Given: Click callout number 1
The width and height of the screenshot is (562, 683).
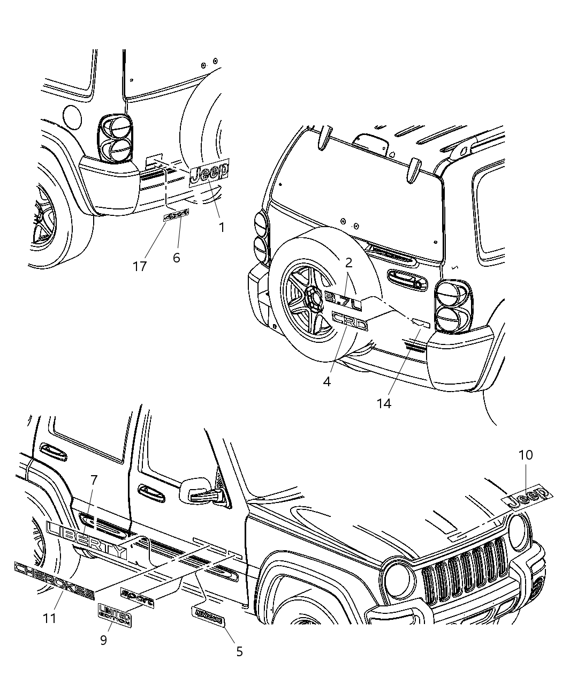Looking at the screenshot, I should click(x=221, y=227).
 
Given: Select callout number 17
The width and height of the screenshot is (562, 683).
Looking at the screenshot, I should click(x=140, y=266).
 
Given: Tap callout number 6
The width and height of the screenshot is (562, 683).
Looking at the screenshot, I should click(x=176, y=258).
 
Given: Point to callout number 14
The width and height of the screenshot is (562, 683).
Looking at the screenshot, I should click(x=384, y=403).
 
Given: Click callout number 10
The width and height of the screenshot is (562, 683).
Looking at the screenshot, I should click(x=526, y=455).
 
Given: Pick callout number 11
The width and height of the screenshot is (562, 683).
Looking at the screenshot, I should click(x=50, y=618).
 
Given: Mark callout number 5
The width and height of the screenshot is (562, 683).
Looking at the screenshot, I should click(x=239, y=651).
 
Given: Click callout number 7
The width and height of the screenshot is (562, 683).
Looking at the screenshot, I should click(x=94, y=481).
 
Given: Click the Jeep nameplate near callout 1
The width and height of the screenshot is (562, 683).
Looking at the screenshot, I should click(x=209, y=172).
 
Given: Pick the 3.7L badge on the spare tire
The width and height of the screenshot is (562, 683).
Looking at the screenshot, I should click(x=343, y=300).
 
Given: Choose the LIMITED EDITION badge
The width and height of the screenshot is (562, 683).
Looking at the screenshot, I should click(x=115, y=614).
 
